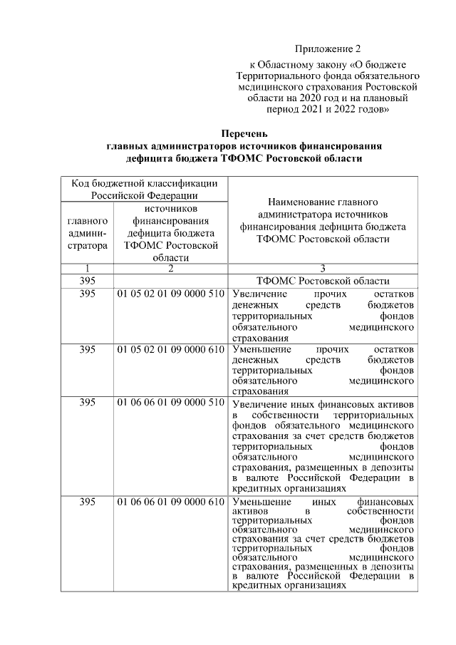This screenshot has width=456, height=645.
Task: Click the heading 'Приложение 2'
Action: pos(328,49)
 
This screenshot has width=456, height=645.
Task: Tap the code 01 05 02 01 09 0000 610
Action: pos(171,350)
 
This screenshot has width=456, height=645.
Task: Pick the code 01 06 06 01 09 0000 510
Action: pos(171,404)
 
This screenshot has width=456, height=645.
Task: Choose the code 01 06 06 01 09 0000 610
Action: pos(171,502)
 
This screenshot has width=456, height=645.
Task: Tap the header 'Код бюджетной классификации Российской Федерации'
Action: pos(145,190)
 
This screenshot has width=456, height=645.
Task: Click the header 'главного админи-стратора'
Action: pos(88,233)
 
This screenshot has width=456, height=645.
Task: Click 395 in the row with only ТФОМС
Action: pos(88,281)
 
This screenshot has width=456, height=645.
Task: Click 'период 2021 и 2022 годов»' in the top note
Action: pos(328,110)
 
